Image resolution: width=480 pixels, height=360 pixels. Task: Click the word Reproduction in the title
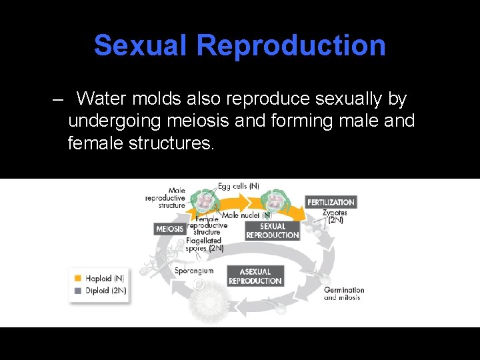click(x=291, y=45)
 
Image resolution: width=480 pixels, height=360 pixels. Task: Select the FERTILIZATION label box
click(x=331, y=202)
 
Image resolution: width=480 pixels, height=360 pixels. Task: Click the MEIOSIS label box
click(x=169, y=229)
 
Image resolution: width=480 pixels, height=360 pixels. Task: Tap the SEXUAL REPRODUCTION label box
click(x=272, y=231)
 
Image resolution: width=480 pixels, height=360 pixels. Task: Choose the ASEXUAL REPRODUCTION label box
click(x=255, y=276)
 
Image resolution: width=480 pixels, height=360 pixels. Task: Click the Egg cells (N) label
click(x=239, y=186)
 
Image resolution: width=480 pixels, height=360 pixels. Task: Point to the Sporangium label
click(x=194, y=271)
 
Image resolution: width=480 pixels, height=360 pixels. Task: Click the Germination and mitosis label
click(x=344, y=293)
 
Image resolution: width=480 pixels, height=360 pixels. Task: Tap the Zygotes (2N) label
click(x=333, y=216)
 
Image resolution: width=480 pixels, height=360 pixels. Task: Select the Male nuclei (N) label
click(x=247, y=215)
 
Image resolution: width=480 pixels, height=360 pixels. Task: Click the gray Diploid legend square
click(x=78, y=291)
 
